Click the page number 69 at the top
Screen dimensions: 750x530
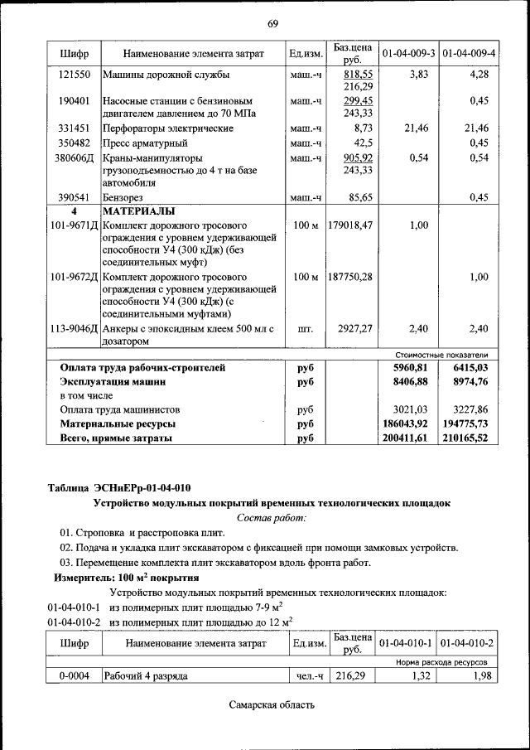[x=272, y=22]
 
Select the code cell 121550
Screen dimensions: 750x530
[x=74, y=75]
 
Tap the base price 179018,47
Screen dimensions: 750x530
[x=350, y=225]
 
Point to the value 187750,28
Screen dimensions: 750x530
[x=350, y=277]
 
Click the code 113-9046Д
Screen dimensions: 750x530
[x=74, y=329]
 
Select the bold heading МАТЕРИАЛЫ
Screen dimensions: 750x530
[x=138, y=210]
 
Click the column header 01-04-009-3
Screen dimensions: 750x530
[x=407, y=54]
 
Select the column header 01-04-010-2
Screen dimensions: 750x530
[x=468, y=643]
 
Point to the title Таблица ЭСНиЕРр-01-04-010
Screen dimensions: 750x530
[x=123, y=487]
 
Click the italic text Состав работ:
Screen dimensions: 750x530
[x=271, y=517]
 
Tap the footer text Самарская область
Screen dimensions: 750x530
[x=272, y=705]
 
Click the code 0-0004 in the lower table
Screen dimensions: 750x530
[x=74, y=676]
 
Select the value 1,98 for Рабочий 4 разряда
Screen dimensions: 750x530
[x=477, y=676]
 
